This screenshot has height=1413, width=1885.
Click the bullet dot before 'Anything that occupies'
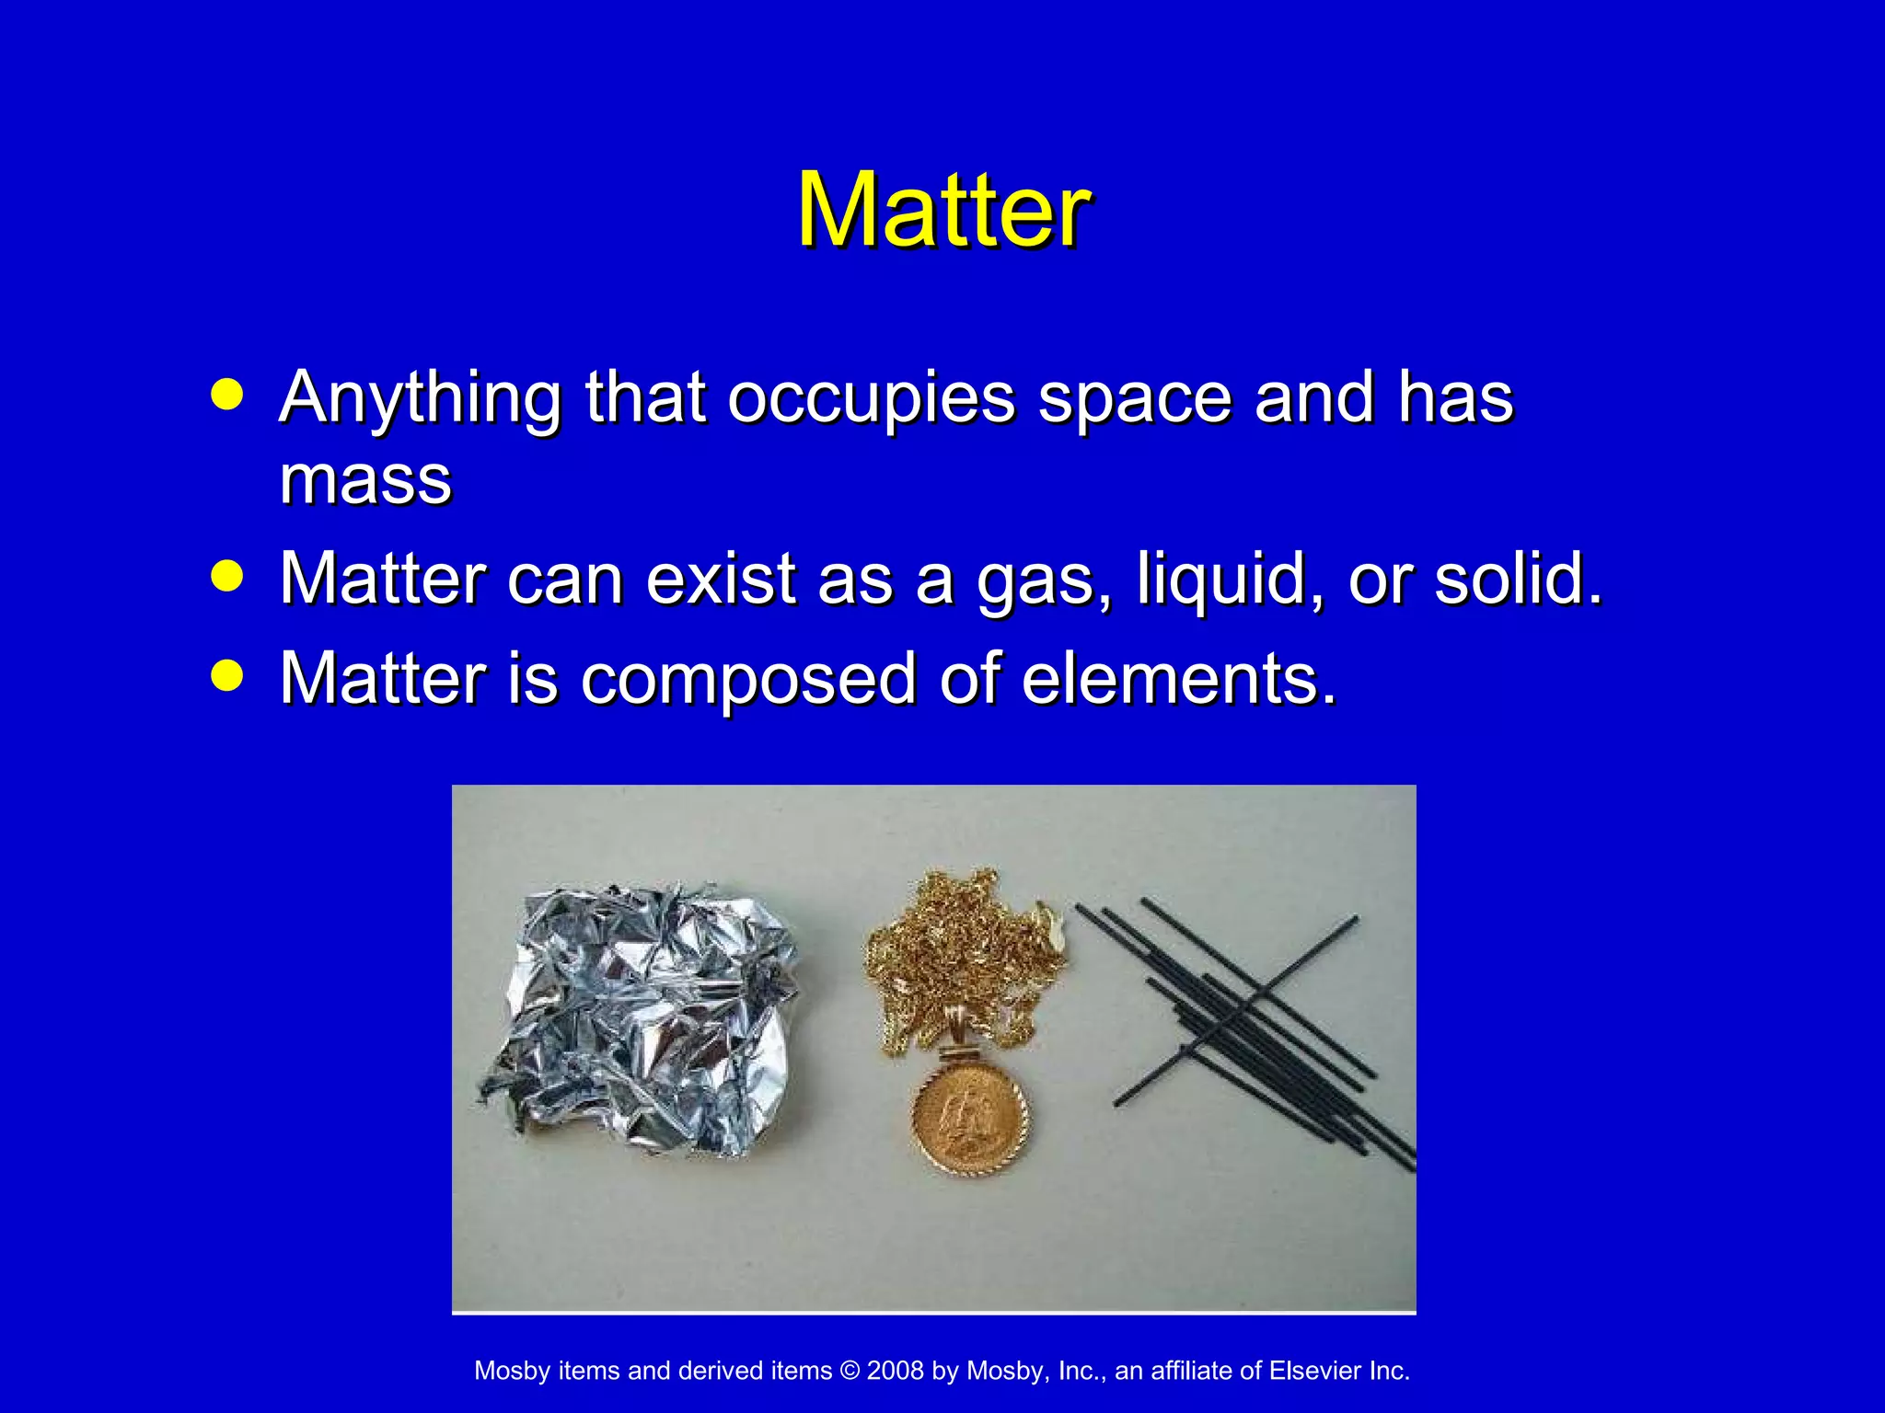pos(226,396)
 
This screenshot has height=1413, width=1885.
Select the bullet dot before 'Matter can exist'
pos(226,577)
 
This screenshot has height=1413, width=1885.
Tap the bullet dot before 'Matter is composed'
pos(226,676)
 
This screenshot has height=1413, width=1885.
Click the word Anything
pos(420,399)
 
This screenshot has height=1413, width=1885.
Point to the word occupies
pos(871,399)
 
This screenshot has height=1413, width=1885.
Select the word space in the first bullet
pos(1135,399)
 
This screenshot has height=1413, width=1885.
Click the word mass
pos(365,480)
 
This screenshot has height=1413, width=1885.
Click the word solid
pos(1518,580)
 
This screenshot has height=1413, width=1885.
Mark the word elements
pos(1178,679)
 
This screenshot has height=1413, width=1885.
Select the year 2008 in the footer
pos(895,1371)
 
